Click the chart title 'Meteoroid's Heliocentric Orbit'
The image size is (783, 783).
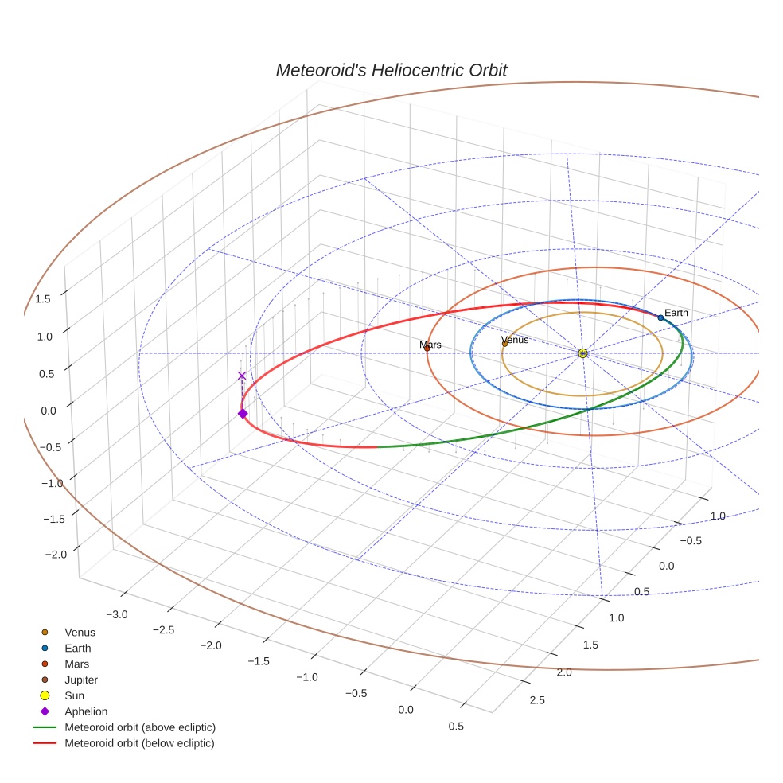click(391, 70)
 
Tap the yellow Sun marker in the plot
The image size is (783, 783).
click(583, 353)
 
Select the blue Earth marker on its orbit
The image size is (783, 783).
click(660, 317)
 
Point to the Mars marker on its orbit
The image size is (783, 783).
click(427, 348)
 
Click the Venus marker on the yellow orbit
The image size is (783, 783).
click(504, 343)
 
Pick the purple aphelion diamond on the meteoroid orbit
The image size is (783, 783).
click(243, 413)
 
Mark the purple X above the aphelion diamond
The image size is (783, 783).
click(242, 376)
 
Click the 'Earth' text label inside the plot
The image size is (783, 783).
click(676, 313)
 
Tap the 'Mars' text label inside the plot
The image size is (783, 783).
click(430, 345)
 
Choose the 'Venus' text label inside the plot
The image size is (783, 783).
click(515, 340)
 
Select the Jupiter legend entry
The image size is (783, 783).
click(80, 680)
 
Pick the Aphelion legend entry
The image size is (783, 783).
click(85, 711)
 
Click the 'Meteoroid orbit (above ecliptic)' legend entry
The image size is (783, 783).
click(139, 727)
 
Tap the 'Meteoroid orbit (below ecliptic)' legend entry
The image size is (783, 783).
click(139, 743)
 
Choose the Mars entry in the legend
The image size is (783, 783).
click(76, 664)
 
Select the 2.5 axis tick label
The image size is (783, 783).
click(536, 699)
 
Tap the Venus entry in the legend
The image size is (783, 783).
click(80, 632)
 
